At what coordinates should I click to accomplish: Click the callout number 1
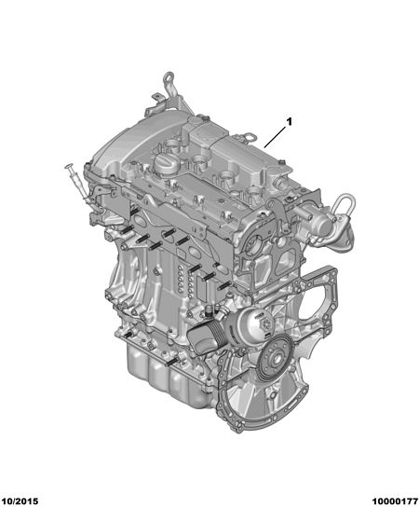[x=289, y=122]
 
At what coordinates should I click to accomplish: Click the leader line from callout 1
[x=275, y=137]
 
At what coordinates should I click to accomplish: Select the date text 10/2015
[x=20, y=501]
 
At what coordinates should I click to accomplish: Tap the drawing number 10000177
[x=395, y=501]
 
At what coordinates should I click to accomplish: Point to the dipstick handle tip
[x=69, y=167]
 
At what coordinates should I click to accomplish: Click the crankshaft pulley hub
[x=277, y=358]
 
